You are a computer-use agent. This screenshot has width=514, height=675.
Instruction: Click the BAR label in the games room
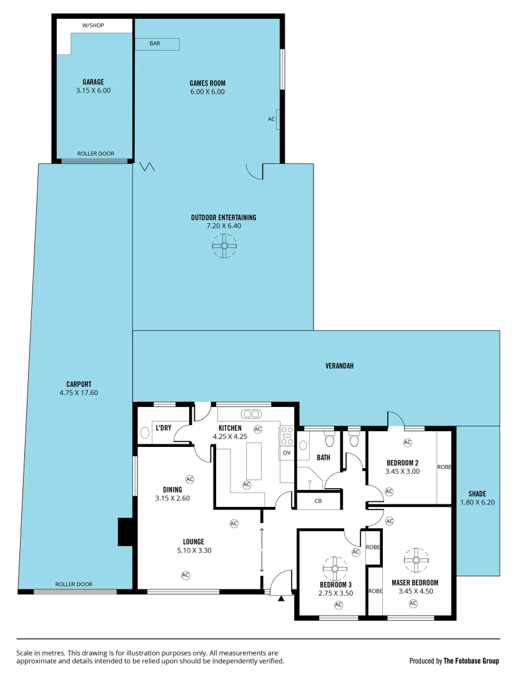(x=154, y=44)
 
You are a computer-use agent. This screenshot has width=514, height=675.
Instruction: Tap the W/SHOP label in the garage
(x=93, y=26)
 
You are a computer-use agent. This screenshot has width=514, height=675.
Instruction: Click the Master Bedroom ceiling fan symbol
(x=414, y=560)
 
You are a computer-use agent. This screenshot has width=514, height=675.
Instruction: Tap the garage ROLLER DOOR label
(x=96, y=154)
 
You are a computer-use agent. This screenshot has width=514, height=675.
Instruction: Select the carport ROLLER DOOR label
(x=74, y=584)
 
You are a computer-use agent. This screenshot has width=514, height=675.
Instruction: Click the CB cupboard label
(x=318, y=501)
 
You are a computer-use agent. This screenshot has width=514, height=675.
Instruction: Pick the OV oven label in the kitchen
(x=287, y=452)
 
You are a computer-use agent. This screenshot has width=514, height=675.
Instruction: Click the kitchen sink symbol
(x=252, y=414)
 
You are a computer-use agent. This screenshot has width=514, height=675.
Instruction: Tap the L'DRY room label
(x=164, y=428)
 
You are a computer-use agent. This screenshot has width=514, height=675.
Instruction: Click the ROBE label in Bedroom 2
(x=444, y=467)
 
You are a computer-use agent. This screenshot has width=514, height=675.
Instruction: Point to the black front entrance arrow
(x=281, y=598)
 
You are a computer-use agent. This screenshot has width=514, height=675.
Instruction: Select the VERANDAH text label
(x=339, y=366)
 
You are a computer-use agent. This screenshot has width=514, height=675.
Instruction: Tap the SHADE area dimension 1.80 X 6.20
(x=477, y=502)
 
